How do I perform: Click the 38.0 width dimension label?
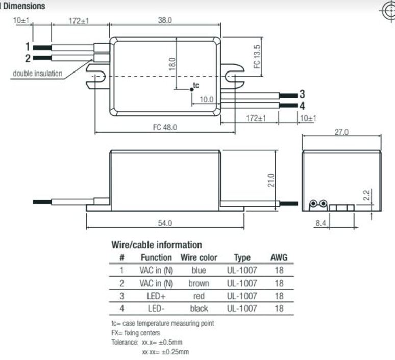(x=165, y=20)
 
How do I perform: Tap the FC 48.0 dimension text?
(x=165, y=127)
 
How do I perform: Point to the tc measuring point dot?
(x=192, y=89)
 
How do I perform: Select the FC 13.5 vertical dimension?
(x=257, y=57)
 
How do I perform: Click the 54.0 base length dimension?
(x=165, y=223)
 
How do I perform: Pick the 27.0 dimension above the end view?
(x=341, y=132)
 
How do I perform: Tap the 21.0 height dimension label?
(x=271, y=180)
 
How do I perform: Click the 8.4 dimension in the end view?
(x=320, y=223)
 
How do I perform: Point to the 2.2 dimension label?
(x=367, y=196)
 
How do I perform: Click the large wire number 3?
(x=302, y=94)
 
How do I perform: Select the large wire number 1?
(x=28, y=46)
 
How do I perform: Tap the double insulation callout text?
(x=37, y=74)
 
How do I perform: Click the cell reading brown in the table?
(x=199, y=283)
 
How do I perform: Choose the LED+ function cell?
(x=156, y=296)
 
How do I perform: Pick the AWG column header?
(x=279, y=258)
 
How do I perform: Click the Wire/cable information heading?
(x=157, y=245)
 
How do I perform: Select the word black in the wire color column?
(x=199, y=308)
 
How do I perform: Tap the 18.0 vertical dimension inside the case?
(x=172, y=64)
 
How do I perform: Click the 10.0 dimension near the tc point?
(x=207, y=100)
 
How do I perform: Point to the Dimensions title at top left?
(x=24, y=6)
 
